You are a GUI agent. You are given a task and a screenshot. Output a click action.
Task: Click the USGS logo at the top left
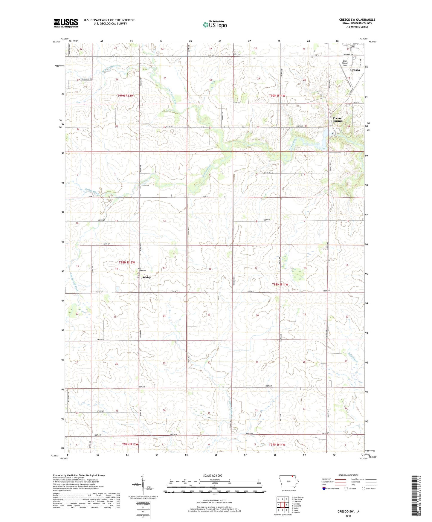click(65, 23)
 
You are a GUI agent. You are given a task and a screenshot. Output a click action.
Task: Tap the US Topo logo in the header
click(214, 25)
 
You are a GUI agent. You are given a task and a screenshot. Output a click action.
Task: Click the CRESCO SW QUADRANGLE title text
click(357, 20)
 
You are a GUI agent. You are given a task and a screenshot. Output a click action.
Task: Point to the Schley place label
click(146, 277)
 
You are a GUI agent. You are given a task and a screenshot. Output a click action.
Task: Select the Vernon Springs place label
click(338, 120)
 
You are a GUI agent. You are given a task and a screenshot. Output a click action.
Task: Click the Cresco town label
click(355, 70)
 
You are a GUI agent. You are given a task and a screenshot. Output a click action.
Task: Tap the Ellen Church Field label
click(345, 63)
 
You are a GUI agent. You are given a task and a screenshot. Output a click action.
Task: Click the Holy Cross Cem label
click(141, 269)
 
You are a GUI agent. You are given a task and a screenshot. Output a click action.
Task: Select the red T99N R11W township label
click(277, 96)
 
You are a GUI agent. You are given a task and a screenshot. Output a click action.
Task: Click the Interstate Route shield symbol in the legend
click(324, 489)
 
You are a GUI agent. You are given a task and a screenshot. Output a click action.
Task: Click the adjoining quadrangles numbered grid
click(283, 505)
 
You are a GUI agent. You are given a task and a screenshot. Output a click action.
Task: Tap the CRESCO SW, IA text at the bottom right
click(348, 512)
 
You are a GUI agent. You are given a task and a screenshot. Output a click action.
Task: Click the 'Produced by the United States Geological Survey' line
click(79, 475)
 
